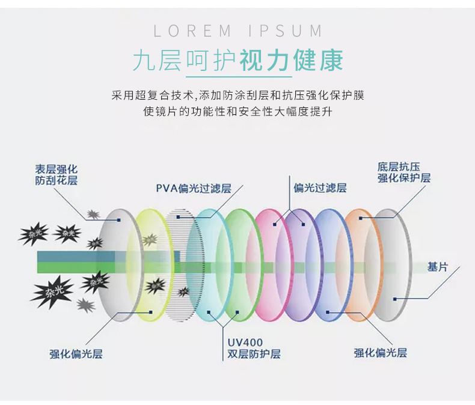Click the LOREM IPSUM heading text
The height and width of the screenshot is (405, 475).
click(x=237, y=31)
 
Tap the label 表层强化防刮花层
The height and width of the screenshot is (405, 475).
click(x=56, y=174)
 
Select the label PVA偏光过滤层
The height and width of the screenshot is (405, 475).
click(x=194, y=188)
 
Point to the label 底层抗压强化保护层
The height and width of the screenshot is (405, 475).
click(x=404, y=172)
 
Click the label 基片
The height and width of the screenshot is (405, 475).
click(x=437, y=266)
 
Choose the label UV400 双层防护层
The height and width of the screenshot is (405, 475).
click(x=254, y=348)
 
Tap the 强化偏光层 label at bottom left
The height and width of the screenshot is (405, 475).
click(x=76, y=353)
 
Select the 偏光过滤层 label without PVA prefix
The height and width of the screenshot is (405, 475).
click(x=320, y=188)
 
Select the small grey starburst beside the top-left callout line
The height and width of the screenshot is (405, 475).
click(x=93, y=214)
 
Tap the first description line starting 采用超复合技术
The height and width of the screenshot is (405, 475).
click(x=238, y=96)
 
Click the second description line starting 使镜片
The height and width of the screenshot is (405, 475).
click(x=238, y=112)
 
